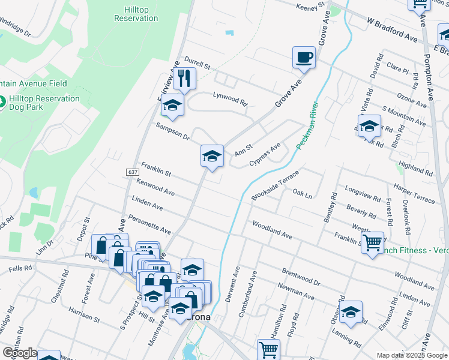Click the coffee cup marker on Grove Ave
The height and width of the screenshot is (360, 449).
tap(303, 58)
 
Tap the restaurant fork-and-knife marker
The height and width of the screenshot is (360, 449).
tap(184, 79)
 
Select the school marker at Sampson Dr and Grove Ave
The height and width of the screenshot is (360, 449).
tap(211, 157)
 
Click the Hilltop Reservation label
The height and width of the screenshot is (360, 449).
tap(136, 14)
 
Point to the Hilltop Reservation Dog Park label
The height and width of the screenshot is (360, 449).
tap(45, 103)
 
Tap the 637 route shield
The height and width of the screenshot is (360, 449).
tap(133, 172)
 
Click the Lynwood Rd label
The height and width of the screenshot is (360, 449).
tap(230, 99)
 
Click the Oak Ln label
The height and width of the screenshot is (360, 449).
tap(303, 194)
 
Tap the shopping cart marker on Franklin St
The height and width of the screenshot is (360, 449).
tap(373, 242)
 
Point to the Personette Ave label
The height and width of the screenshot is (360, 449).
tap(149, 223)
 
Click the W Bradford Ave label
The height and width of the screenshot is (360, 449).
tap(392, 29)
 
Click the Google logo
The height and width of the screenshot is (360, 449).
tap(19, 353)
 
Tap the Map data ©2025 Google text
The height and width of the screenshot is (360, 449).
tap(412, 355)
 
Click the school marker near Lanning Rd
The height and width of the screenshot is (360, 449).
tap(351, 312)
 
